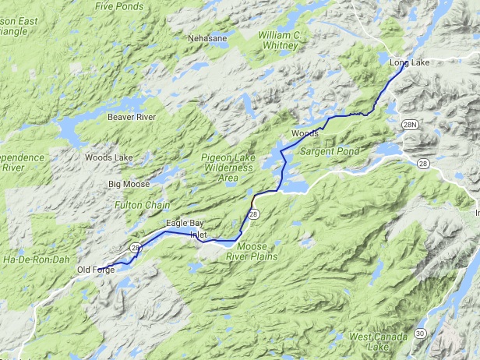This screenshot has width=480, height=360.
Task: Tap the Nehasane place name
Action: pos(207,37)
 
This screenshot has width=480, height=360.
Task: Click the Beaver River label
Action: pos(131,117)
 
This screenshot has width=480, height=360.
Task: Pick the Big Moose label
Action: pos(127,185)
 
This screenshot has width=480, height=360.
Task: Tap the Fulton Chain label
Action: pos(136,205)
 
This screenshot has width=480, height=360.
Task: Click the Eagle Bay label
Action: pos(184,224)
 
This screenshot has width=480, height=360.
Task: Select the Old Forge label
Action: pos(95,270)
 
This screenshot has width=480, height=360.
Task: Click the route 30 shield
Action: pos(419,334)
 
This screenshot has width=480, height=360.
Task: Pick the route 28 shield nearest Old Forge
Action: pos(136,248)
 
